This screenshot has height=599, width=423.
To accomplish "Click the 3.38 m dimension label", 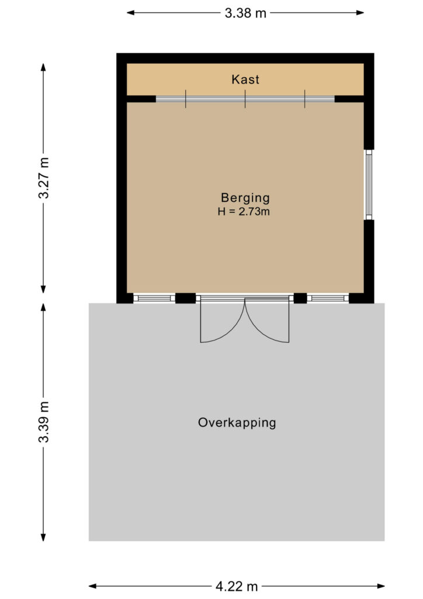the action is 245,13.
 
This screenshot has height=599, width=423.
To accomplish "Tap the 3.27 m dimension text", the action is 44,178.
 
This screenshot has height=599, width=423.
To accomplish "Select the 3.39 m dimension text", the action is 44,422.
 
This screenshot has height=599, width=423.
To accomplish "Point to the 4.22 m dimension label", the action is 237,586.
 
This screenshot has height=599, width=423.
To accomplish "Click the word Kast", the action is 245,80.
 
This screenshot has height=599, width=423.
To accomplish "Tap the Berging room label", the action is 245,198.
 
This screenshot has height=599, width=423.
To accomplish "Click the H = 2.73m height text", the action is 244,211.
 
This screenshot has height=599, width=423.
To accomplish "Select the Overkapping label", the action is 237,422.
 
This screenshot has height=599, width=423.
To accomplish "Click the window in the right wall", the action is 369,184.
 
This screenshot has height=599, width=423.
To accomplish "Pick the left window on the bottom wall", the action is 154,298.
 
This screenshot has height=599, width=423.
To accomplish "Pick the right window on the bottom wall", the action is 328,298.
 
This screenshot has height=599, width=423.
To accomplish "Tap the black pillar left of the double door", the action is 185,298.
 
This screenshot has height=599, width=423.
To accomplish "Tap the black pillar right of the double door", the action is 300,298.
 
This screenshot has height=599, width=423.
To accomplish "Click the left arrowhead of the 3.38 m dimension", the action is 130,13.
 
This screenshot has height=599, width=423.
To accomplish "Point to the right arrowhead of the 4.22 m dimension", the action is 381,586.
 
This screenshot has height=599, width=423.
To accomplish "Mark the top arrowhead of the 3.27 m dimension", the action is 43,67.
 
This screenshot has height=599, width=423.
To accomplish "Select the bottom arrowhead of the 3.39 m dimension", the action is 43,537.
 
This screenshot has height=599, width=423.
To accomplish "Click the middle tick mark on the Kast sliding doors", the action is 245,99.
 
